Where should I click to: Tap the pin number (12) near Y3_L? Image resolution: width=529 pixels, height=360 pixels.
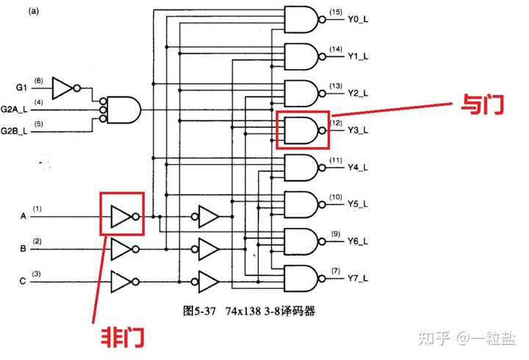pos(336,123)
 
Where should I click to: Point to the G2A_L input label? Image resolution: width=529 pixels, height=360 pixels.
pos(15,109)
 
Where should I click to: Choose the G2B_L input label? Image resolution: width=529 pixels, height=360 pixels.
pos(15,131)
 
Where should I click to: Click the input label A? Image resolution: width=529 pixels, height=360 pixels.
pos(23,217)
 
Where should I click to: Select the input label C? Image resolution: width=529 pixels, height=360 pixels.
pos(23,281)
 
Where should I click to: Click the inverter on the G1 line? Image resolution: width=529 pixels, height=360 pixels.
pos(65,87)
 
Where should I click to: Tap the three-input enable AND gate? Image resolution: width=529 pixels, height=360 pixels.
pos(123,109)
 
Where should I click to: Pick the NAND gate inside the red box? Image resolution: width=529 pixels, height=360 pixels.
pos(302,131)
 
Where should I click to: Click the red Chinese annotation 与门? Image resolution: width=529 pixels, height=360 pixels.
pos(482,105)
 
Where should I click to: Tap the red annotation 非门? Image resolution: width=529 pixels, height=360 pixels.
pos(122,338)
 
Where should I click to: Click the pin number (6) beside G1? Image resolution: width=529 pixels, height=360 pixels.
pos(38,80)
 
